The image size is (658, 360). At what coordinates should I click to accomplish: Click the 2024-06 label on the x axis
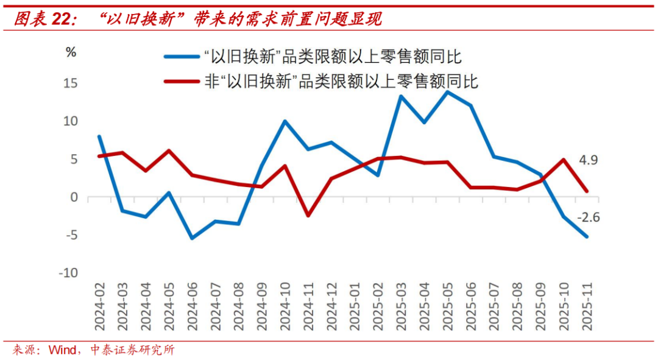193,306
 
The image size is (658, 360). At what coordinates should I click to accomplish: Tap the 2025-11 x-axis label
587,306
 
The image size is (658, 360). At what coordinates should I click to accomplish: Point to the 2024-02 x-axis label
100,306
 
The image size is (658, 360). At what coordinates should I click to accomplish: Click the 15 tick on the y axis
72,83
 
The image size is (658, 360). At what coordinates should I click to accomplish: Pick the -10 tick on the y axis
68,273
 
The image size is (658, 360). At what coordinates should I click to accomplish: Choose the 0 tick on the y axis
74,197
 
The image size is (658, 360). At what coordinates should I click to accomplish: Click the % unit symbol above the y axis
71,52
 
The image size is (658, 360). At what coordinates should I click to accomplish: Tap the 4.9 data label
588,161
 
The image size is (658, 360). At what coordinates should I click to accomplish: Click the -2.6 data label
589,216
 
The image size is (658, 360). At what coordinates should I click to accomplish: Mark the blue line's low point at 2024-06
193,238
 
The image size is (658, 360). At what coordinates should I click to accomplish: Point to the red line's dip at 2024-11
308,216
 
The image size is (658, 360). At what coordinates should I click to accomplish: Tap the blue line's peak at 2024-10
285,121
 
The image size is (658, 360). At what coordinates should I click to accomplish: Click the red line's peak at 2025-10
564,160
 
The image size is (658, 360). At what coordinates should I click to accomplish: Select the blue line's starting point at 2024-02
99,136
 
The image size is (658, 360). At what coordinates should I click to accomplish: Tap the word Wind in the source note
62,350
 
